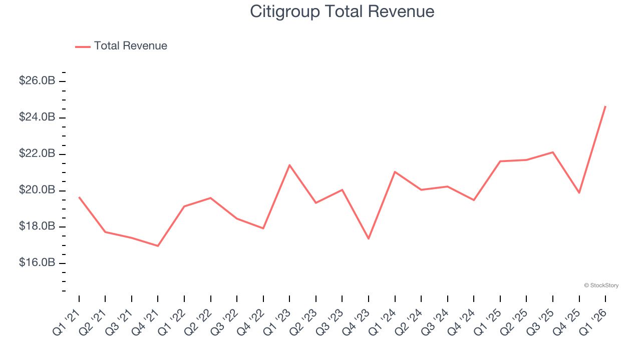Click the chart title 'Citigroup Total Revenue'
(342, 11)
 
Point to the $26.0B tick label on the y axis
(37, 81)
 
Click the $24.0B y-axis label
(37, 117)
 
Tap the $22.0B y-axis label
(37, 154)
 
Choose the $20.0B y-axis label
(37, 190)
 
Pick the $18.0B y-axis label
(37, 227)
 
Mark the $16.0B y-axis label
(37, 263)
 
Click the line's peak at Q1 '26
(605, 106)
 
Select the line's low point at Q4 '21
(158, 246)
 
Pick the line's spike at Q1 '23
(289, 165)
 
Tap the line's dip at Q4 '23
(369, 238)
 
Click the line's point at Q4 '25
(579, 192)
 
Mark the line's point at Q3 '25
(553, 152)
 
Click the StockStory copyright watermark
(601, 285)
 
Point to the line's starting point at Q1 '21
(79, 197)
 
